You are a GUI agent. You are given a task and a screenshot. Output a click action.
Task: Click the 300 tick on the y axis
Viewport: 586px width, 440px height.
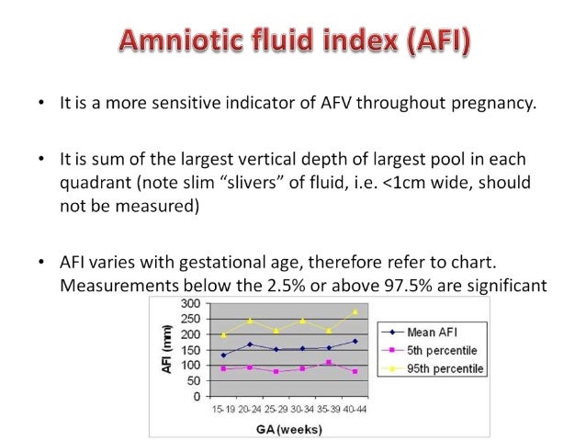point(190,304)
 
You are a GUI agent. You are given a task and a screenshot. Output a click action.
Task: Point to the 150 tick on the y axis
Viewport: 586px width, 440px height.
point(190,350)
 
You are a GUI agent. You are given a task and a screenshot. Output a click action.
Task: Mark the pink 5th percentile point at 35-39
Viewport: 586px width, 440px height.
point(329,362)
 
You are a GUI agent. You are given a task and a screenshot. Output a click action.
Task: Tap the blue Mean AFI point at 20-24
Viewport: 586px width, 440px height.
point(250,344)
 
